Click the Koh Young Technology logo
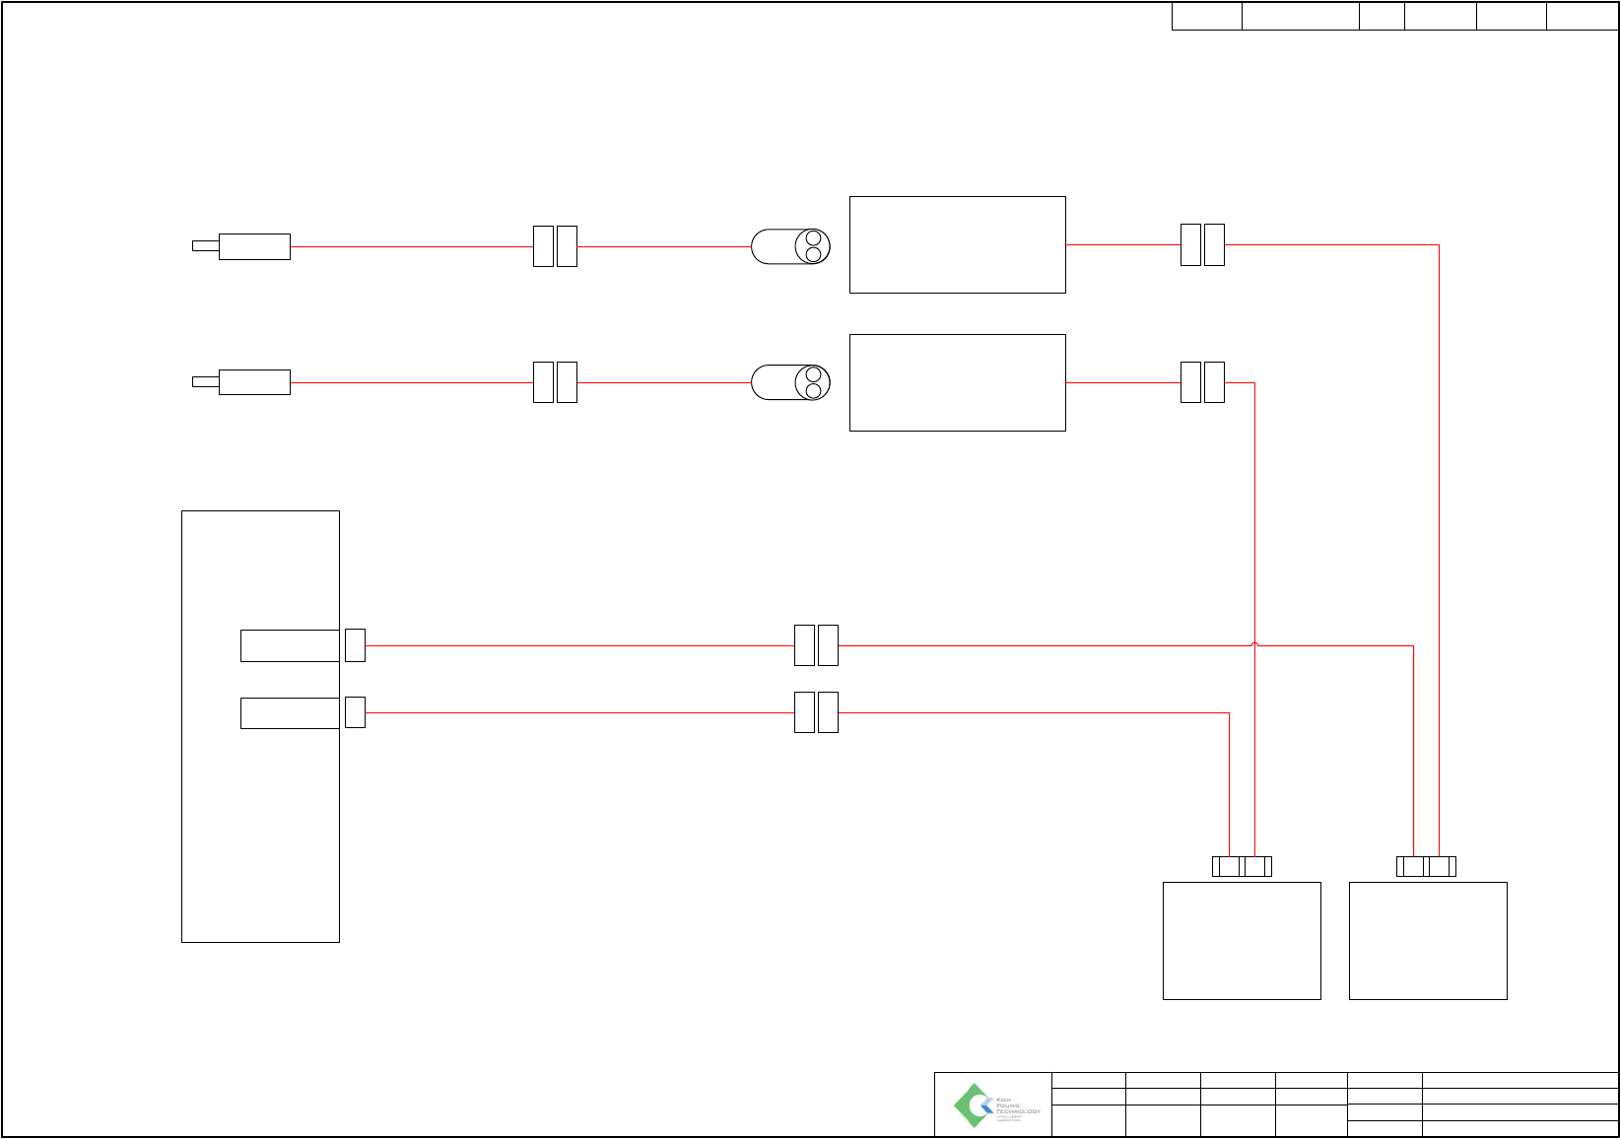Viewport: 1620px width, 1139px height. coord(992,1105)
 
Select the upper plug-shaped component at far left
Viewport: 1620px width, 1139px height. coord(254,246)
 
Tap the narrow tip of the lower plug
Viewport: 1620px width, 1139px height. coord(205,382)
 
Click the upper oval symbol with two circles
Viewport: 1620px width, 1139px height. coord(790,246)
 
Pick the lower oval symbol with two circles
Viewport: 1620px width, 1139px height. coord(790,382)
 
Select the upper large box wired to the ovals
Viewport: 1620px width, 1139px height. coord(957,244)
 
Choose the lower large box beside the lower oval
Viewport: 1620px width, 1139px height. coord(957,382)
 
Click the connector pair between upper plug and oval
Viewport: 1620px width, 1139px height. coord(555,246)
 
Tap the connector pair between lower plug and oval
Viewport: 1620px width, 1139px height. coord(555,382)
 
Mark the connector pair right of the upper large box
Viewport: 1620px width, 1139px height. coord(1202,244)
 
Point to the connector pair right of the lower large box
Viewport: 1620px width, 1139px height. coord(1202,382)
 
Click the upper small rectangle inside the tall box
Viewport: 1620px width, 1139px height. coord(290,645)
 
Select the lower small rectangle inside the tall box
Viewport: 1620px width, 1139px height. coord(290,713)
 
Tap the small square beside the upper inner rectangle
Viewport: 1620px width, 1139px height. coord(355,645)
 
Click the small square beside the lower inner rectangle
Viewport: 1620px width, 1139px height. coord(355,712)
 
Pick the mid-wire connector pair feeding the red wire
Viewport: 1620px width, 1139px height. coord(816,645)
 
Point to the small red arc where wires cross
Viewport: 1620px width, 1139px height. coord(1254,644)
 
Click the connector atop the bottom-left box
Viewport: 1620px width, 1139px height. coord(1242,867)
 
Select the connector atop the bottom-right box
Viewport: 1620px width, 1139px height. coord(1426,867)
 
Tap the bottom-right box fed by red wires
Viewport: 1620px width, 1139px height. coord(1428,941)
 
